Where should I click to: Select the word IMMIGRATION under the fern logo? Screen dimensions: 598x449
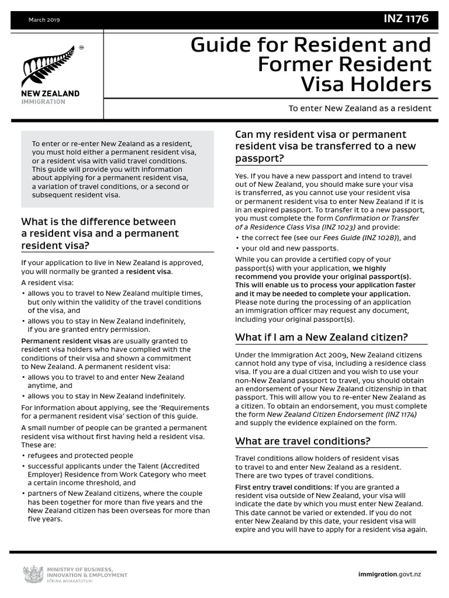click(44, 102)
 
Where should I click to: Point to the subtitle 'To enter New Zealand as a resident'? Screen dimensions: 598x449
click(360, 108)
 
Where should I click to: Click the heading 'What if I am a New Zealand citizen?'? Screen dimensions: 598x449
click(321, 337)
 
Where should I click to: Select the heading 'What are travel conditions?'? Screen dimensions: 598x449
click(302, 440)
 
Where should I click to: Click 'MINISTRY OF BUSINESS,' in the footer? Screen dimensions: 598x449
click(80, 568)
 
